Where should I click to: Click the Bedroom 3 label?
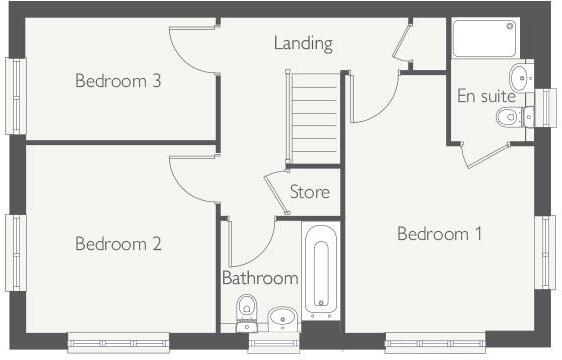(x=118, y=81)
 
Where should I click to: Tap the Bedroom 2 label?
(x=118, y=243)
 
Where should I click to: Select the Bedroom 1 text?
(x=440, y=234)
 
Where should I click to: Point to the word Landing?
(x=303, y=44)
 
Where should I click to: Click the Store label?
(x=309, y=191)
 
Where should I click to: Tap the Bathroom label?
(x=260, y=278)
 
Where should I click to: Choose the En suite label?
(x=487, y=97)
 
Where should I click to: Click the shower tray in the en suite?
(x=484, y=38)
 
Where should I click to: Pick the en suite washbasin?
(x=521, y=77)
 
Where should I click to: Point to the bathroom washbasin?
(x=283, y=319)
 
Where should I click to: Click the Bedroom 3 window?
(x=15, y=95)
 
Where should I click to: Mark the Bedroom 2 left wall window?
(x=15, y=252)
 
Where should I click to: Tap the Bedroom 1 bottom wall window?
(x=436, y=342)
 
